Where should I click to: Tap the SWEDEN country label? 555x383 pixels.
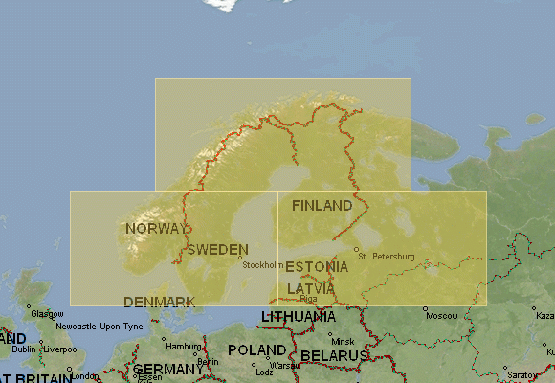pos(218,250)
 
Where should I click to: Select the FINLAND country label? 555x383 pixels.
pos(322,205)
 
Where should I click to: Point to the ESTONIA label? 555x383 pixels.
pos(317,266)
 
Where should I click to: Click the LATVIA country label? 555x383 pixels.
pos(311,288)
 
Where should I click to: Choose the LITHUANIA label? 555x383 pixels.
pos(299,316)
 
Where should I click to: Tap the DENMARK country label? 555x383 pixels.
pos(160,302)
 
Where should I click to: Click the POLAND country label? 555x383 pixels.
pos(255,350)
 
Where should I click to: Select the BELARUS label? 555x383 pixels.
pos(335,355)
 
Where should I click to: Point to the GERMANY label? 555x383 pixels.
pos(167,370)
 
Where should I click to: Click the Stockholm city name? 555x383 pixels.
pos(263,265)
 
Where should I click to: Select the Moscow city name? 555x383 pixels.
pos(441,315)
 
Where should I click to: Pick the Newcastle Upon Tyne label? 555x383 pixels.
pos(100,327)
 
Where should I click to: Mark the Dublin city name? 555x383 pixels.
pos(23,349)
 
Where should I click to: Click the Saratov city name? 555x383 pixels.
pos(522,374)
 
